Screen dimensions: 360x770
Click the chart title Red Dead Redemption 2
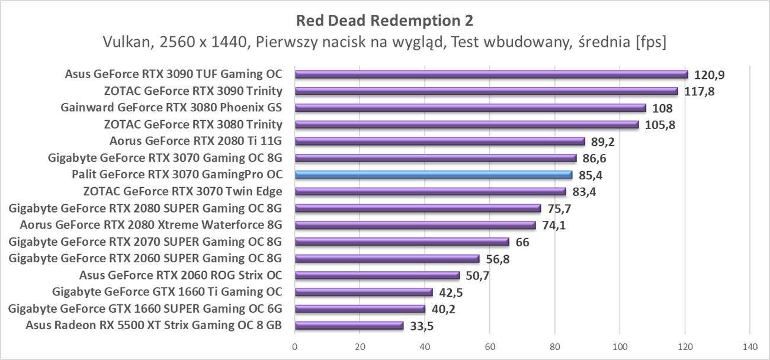(x=384, y=21)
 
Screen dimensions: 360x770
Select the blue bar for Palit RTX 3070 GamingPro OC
(x=433, y=175)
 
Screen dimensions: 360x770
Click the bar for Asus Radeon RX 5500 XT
(x=349, y=326)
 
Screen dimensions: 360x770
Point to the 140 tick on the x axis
(x=749, y=346)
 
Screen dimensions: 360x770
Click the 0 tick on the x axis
(x=294, y=346)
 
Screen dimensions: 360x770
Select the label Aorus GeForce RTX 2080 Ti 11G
(x=195, y=141)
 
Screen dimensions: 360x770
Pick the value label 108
(x=662, y=108)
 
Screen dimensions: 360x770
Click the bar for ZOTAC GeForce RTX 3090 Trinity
(x=486, y=91)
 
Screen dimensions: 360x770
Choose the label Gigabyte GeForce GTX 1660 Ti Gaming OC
(x=167, y=291)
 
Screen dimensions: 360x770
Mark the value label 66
(x=522, y=242)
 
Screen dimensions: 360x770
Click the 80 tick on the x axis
(x=554, y=346)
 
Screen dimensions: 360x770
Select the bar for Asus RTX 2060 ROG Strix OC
(x=377, y=275)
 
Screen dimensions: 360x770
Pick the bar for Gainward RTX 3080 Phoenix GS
(x=470, y=108)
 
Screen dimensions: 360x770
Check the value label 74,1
(x=553, y=225)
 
